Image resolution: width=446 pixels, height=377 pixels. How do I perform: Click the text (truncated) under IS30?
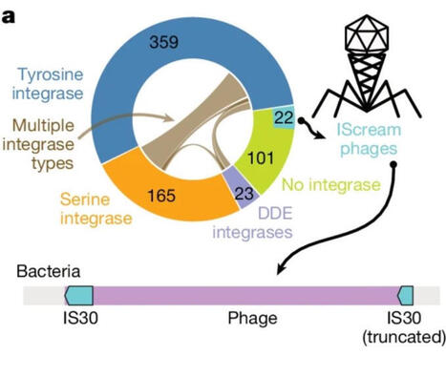pos(406,336)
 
